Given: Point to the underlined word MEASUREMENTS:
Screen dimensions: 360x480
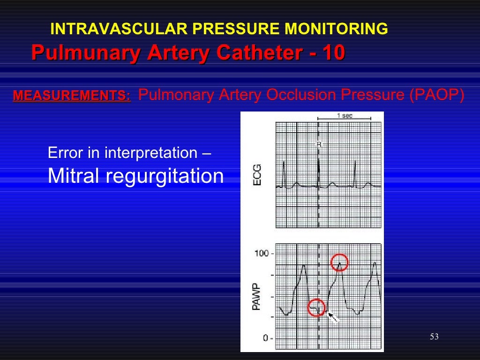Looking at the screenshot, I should point(72,96).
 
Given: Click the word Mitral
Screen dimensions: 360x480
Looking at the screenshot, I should point(75,176).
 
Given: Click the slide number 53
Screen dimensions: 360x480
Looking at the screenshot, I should point(434,337).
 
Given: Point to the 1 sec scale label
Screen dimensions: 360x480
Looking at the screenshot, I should point(345,116).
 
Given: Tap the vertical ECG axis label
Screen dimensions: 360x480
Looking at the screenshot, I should point(257,174).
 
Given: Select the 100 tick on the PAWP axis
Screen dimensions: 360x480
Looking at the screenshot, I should point(262,254).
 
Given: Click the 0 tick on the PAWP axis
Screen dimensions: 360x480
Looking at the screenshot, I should point(265,337).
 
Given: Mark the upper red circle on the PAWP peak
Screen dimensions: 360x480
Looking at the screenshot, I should point(339,262).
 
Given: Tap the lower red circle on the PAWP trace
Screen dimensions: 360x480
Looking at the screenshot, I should point(316,307).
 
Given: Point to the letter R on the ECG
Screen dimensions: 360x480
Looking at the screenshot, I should point(319,145).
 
